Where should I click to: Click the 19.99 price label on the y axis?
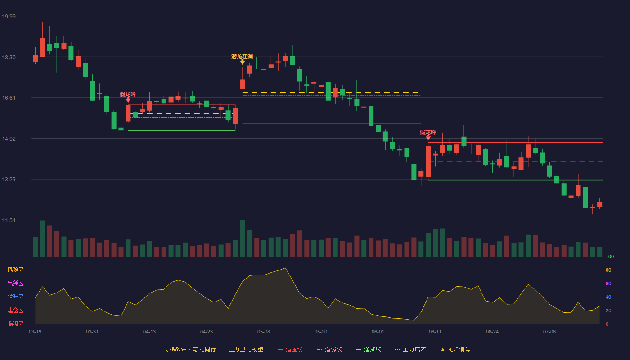[x=9, y=16]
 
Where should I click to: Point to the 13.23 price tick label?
[x=9, y=180]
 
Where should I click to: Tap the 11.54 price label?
[x=9, y=220]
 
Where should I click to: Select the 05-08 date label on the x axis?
[x=264, y=332]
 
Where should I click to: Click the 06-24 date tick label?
[x=492, y=332]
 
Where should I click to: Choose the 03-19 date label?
[x=35, y=332]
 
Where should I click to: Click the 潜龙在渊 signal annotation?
[x=242, y=57]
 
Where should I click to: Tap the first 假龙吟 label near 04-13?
[x=128, y=94]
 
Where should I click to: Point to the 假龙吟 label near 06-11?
[x=428, y=132]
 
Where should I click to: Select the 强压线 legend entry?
[x=290, y=349]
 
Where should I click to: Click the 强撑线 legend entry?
[x=369, y=349]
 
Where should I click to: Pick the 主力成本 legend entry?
[x=410, y=349]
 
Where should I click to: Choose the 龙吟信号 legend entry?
[x=455, y=349]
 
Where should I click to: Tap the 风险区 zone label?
[x=15, y=270]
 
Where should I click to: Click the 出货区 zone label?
[x=15, y=283]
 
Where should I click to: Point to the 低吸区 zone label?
[x=15, y=324]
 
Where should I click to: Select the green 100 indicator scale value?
[x=610, y=256]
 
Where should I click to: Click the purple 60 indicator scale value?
[x=608, y=283]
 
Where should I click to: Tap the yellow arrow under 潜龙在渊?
[x=242, y=62]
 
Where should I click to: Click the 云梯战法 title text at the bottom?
[x=175, y=349]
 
